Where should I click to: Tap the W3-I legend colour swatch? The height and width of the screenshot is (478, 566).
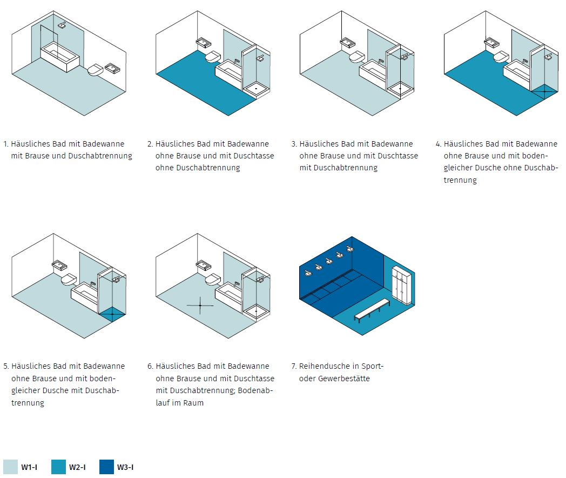pos(106,467)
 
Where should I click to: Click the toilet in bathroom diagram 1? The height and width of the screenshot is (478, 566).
pos(96,70)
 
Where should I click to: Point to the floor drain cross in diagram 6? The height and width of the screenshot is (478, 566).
pos(200,306)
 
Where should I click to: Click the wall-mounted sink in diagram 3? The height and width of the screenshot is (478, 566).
pos(347,42)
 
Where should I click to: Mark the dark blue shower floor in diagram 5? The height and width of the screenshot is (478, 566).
pos(112,314)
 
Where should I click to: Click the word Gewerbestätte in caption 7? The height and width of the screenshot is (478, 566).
pos(343,379)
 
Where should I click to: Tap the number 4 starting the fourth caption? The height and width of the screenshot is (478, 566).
pos(438,144)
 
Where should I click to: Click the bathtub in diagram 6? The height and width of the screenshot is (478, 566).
pos(228,294)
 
